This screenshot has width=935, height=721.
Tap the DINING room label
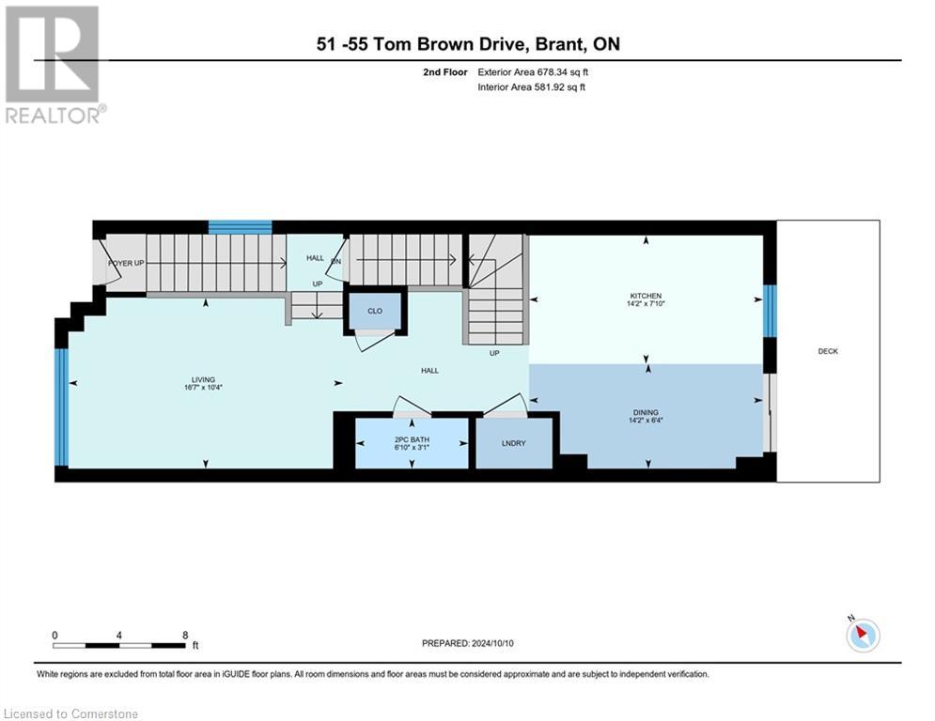(x=646, y=411)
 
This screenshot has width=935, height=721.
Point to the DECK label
(x=827, y=351)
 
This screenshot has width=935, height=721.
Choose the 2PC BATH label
(x=411, y=439)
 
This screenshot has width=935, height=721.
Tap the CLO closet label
(x=375, y=311)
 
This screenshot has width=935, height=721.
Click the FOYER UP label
(x=126, y=263)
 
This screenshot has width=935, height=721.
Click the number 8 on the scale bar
(x=184, y=635)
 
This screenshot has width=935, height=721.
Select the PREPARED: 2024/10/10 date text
(x=467, y=643)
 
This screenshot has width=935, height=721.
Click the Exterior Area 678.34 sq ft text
(x=533, y=72)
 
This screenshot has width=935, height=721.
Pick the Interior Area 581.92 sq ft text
(x=532, y=87)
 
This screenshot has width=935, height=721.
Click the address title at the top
(x=467, y=44)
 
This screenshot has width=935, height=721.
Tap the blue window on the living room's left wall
(x=62, y=407)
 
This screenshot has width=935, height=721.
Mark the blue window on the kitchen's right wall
(x=770, y=311)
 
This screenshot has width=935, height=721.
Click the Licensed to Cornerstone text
(x=71, y=713)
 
